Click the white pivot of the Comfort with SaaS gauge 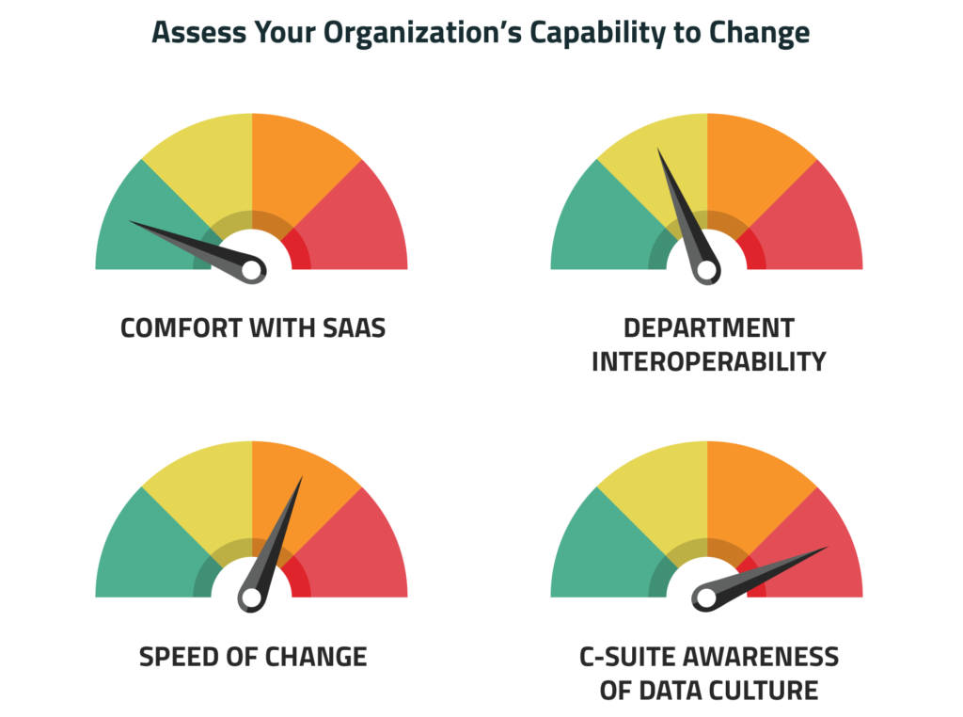pos(251,271)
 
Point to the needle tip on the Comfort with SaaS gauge pos(131,222)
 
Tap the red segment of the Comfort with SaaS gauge pos(358,226)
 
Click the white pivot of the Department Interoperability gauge pos(706,271)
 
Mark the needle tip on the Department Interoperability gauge pos(658,150)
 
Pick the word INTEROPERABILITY pos(708,361)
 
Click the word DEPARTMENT pos(709,328)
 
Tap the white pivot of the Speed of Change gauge pos(251,597)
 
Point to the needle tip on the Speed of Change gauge pos(302,478)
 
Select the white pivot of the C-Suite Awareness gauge pos(706,597)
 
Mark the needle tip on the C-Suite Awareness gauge pos(827,548)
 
